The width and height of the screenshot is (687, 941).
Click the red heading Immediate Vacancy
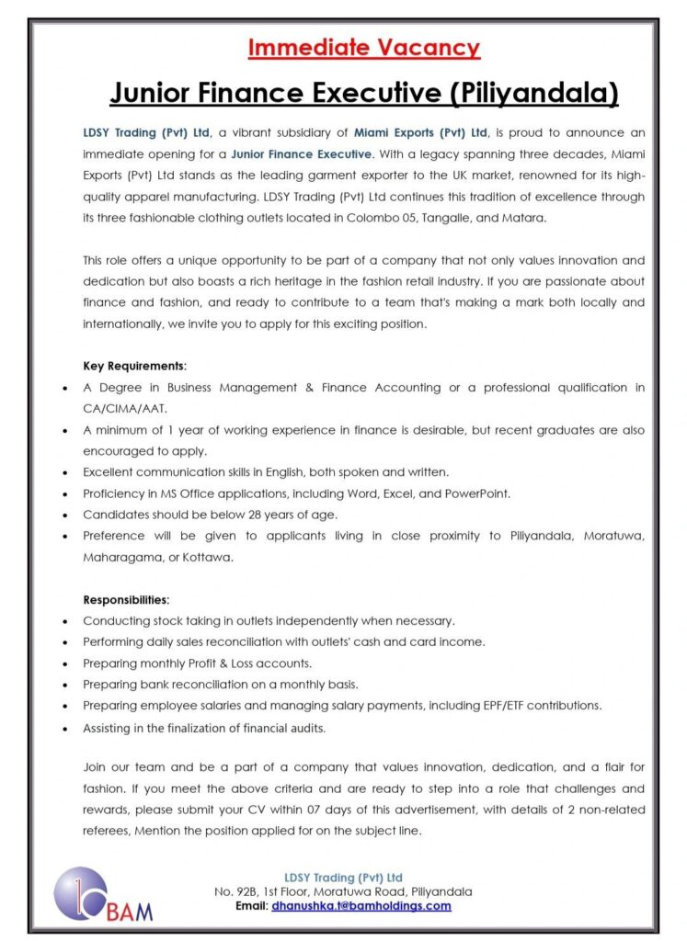tap(363, 48)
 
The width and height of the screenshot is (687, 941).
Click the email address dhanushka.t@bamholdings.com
tap(361, 905)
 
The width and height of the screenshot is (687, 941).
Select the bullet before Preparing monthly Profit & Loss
tap(65, 663)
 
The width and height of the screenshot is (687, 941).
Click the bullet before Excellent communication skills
tap(65, 473)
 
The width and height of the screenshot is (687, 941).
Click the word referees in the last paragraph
tap(106, 830)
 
